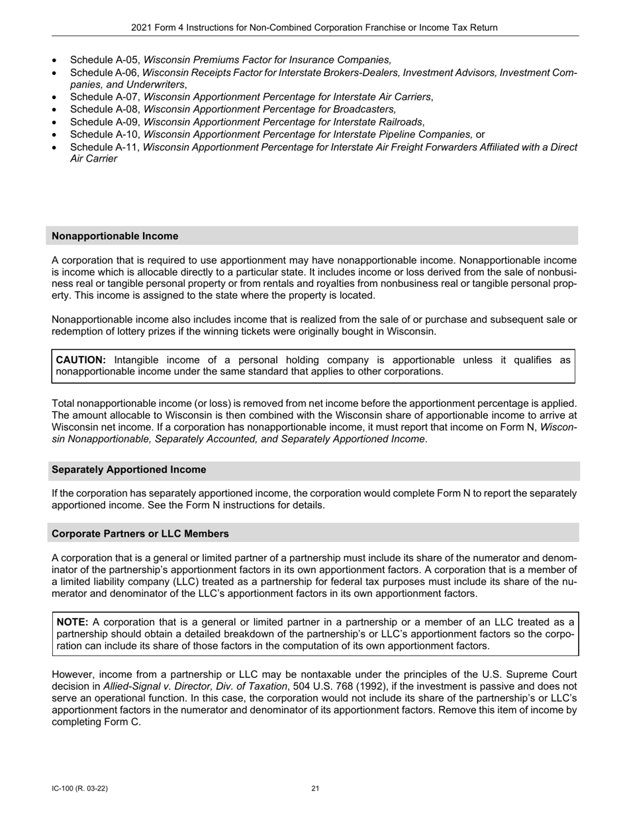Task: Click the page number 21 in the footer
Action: (x=315, y=788)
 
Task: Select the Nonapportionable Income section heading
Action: (x=115, y=236)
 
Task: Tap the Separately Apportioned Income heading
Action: (x=128, y=470)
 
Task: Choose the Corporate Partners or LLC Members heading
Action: (x=140, y=533)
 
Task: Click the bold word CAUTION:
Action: (x=81, y=360)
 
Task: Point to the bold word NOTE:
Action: (x=72, y=622)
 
